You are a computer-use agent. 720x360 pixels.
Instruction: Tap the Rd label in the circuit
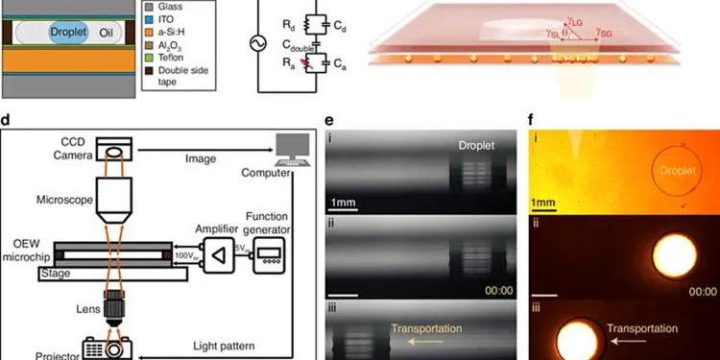click(x=290, y=18)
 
